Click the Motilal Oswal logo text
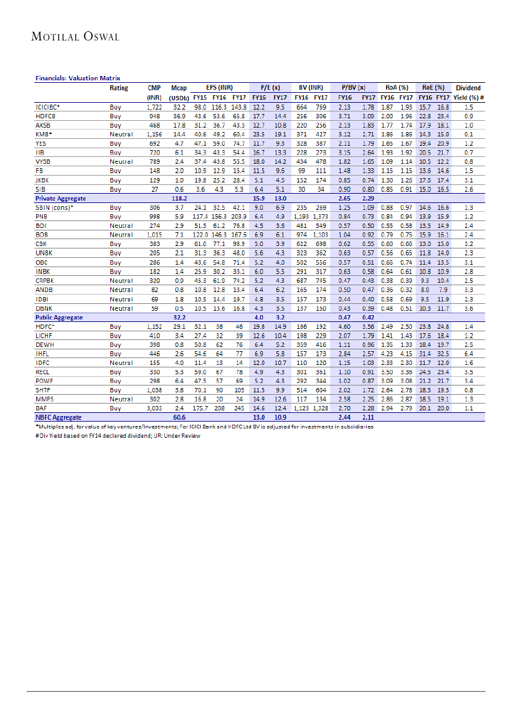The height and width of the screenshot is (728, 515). coord(75,37)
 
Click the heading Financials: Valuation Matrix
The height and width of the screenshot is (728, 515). coord(77,78)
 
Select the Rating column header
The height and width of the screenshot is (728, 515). coord(119,88)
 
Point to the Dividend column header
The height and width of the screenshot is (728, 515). coord(468,88)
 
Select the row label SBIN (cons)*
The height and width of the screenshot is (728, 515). coord(54,207)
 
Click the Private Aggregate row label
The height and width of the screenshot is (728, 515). coord(60,198)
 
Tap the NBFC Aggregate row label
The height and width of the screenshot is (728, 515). coord(59,417)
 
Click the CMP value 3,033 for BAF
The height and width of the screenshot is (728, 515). coord(154,408)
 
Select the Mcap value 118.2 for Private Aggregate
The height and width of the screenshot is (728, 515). coord(179,198)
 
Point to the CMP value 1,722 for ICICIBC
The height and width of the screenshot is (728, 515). coord(154,108)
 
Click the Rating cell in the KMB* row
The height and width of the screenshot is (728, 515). coord(121,135)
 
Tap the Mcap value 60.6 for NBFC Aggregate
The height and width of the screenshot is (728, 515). coord(180,417)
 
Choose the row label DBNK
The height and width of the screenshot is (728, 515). coord(43,308)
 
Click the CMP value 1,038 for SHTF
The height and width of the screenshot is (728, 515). coord(154,390)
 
